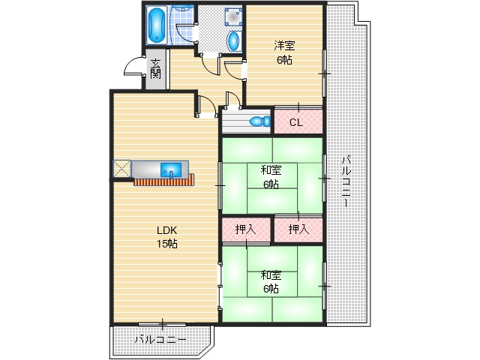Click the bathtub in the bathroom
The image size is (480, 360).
pos(157,25)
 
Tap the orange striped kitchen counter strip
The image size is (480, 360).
pos(163,181)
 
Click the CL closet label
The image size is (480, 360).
pos(295,121)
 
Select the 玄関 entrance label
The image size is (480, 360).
pos(155,68)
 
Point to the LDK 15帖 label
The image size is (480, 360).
pos(166,236)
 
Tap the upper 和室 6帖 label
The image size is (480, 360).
pos(271,176)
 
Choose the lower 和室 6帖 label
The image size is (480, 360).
pos(271,281)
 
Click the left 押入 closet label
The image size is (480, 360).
pos(246,229)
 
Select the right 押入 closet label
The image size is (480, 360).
pos(298,229)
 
